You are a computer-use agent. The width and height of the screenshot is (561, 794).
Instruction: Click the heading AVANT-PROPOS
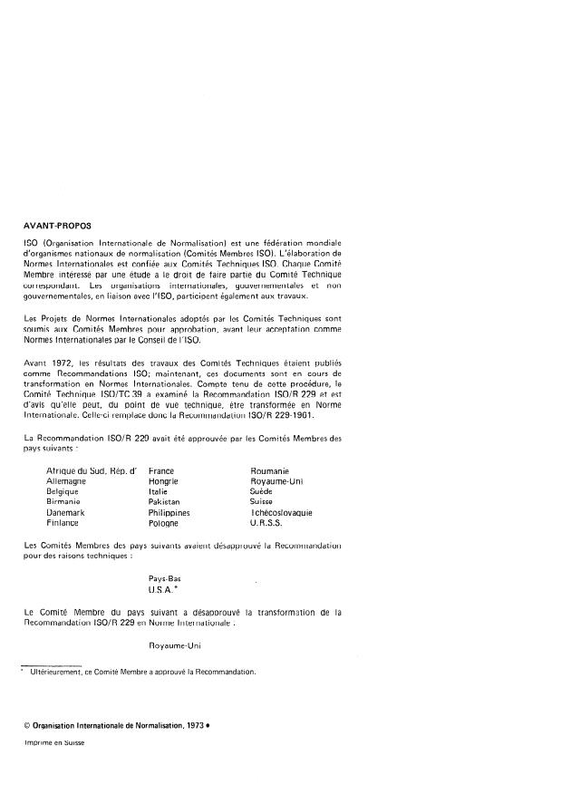56,225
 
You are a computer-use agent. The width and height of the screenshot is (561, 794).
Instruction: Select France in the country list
161,472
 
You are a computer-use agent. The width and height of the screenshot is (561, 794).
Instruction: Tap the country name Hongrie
163,482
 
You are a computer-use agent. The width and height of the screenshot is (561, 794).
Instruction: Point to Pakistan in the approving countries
164,502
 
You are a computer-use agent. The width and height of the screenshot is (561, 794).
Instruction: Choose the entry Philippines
169,513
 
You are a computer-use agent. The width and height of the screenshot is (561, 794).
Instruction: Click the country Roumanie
269,472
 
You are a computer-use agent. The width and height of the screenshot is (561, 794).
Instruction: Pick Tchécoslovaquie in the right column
282,513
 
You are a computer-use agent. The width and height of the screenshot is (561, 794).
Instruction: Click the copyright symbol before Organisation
28,727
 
